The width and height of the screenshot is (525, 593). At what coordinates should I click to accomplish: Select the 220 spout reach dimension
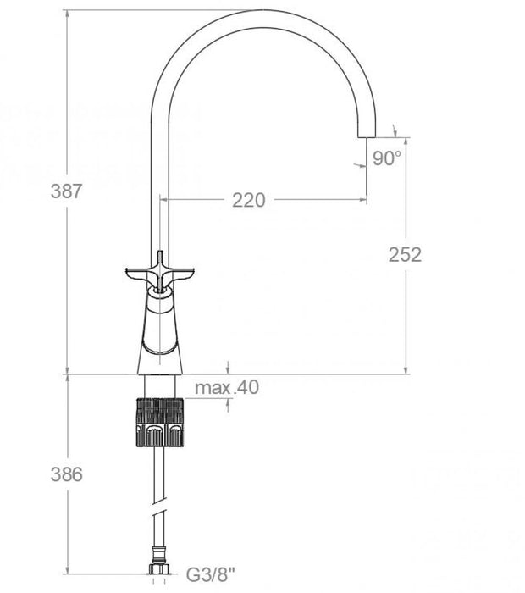point(248,200)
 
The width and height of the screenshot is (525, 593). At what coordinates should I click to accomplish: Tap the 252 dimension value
point(405,254)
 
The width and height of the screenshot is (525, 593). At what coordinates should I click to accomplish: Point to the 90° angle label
point(386,158)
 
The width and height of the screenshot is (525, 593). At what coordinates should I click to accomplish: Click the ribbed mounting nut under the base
point(160,421)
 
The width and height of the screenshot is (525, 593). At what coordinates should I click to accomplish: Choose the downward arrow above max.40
point(229,368)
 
